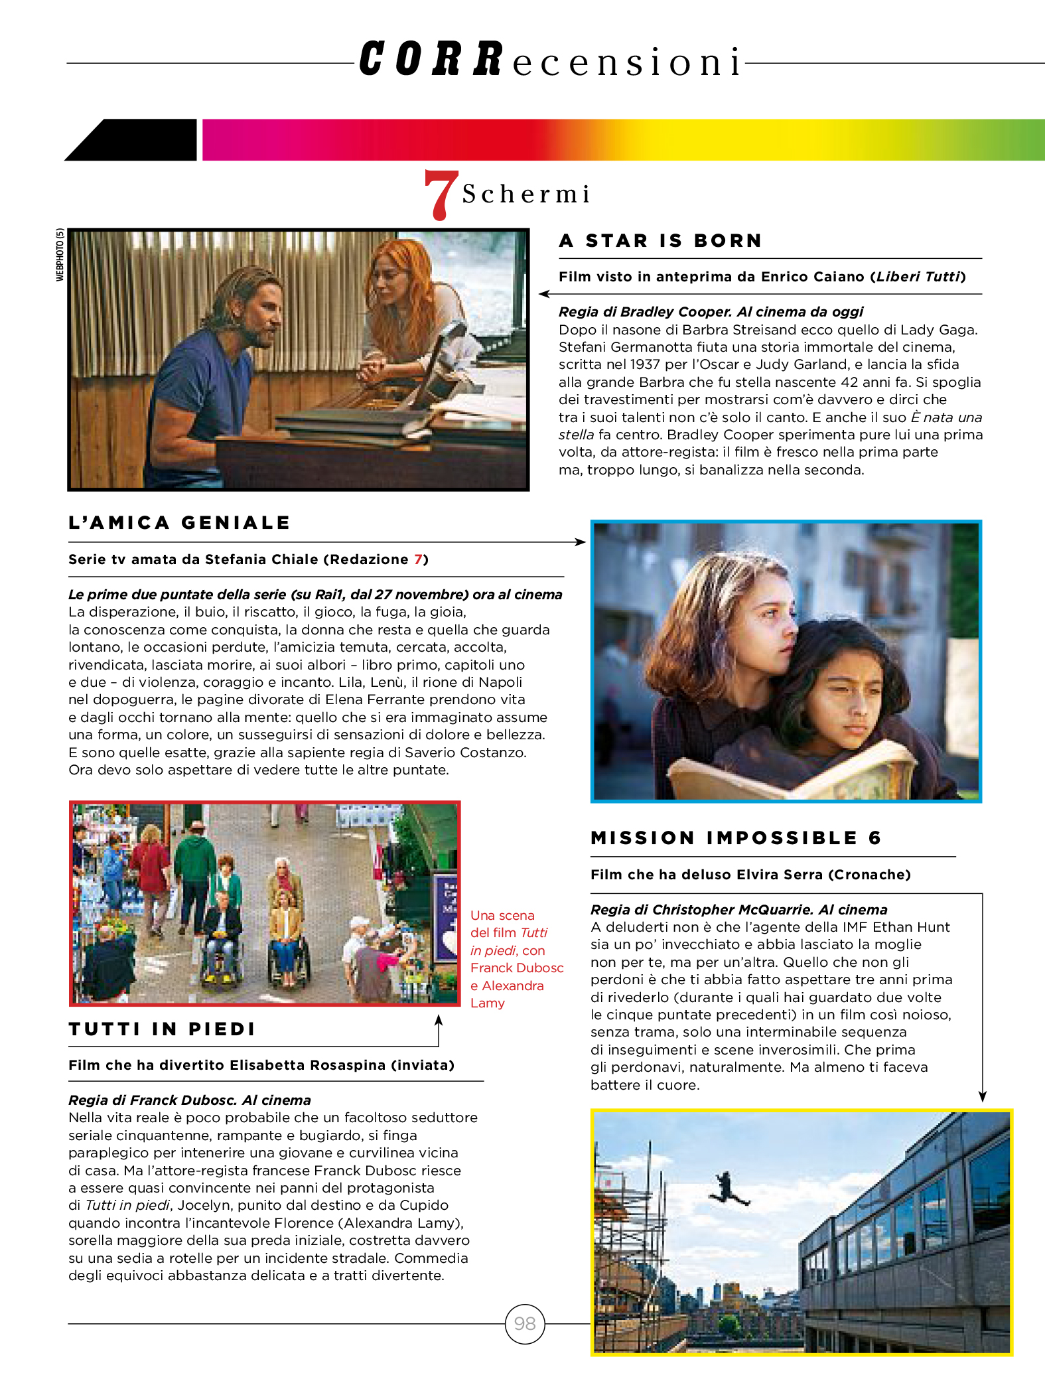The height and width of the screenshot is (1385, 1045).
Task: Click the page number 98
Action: pos(525,1324)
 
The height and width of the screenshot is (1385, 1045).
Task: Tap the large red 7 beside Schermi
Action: pos(441,194)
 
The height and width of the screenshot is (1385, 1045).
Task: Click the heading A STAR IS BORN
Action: pos(660,241)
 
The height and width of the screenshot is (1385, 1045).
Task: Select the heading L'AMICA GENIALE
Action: pos(179,523)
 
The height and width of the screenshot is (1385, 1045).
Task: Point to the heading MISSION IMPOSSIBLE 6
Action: pos(736,838)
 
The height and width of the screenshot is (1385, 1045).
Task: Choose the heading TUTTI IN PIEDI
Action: pos(162,1029)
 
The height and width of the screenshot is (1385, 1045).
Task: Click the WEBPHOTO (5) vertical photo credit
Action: pos(60,255)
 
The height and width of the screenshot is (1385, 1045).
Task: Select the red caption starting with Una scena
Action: pos(515,959)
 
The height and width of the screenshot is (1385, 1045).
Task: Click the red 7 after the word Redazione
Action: pos(418,559)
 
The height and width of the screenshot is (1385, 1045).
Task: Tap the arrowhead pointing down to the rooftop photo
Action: pos(983,1097)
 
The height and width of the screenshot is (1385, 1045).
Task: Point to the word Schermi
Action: pos(525,194)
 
